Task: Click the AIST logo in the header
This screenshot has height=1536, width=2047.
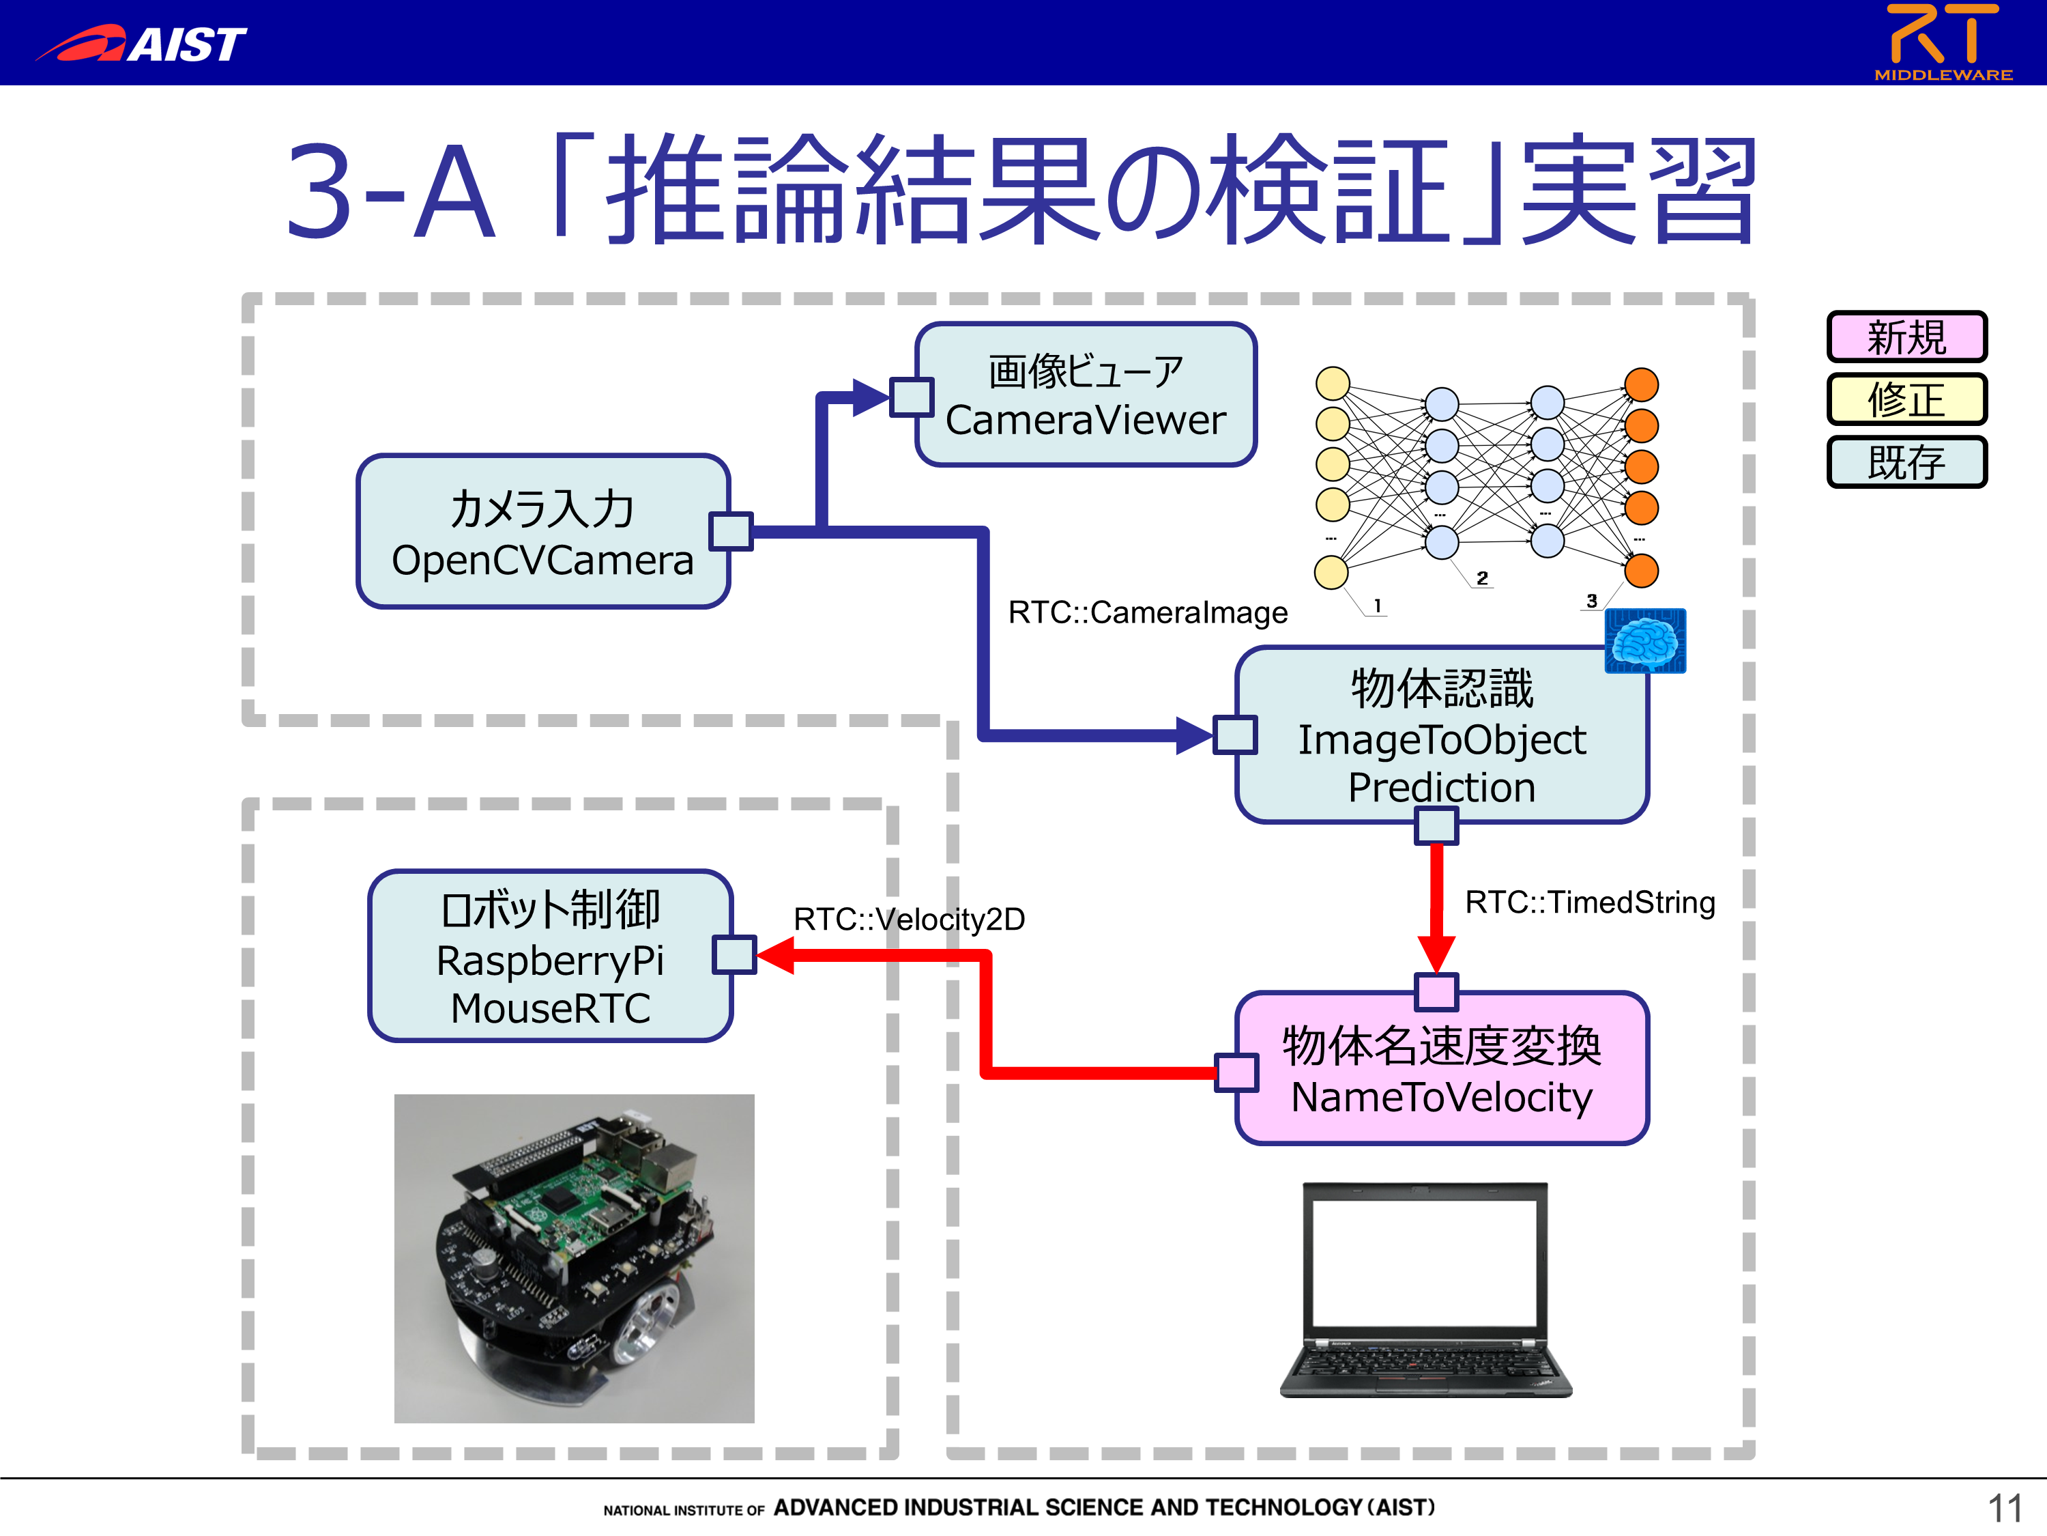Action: [x=141, y=44]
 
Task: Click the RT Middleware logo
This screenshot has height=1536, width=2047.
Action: [x=1943, y=42]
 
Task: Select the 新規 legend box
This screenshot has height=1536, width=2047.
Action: [x=1906, y=336]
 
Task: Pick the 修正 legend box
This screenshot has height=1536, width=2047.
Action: [x=1906, y=399]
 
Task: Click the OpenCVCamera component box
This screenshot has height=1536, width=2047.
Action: [x=543, y=531]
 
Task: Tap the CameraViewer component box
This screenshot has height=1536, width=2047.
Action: [x=1086, y=395]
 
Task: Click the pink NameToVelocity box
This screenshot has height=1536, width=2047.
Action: [x=1442, y=1068]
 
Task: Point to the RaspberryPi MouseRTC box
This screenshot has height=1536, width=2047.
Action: [x=551, y=956]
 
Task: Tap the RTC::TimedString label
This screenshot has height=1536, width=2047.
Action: [x=1590, y=902]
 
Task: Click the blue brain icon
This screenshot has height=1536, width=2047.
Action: [x=1645, y=641]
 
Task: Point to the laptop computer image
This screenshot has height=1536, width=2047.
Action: [x=1426, y=1290]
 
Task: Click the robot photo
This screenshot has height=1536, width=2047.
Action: [x=574, y=1258]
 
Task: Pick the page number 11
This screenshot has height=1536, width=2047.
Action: [x=2005, y=1508]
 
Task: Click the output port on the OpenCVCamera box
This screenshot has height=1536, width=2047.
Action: [x=730, y=531]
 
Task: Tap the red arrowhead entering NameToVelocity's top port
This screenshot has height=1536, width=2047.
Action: [x=1436, y=954]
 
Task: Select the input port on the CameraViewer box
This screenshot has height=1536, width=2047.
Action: [x=912, y=396]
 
